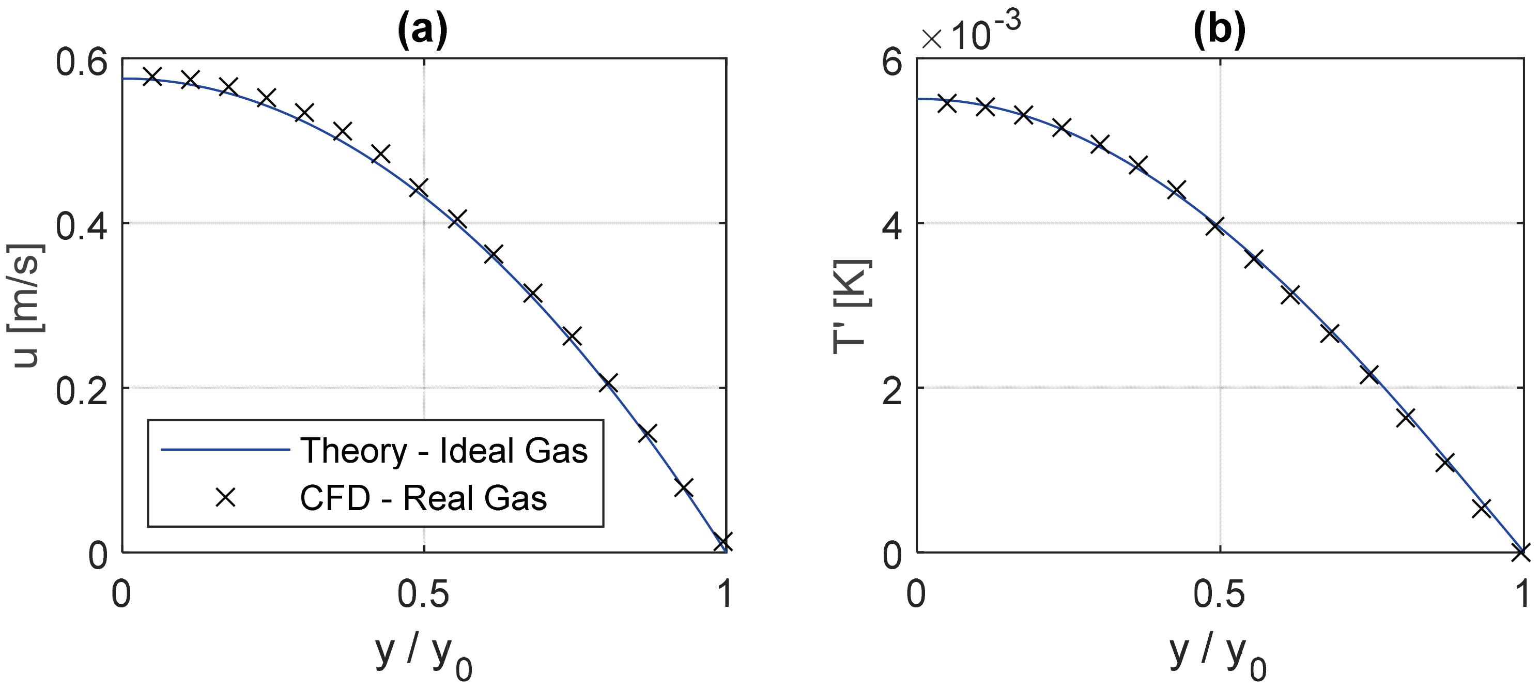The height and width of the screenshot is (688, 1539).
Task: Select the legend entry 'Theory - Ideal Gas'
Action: [x=444, y=451]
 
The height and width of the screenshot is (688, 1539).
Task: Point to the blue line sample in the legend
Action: [x=225, y=451]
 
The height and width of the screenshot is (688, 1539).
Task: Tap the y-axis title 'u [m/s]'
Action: [x=27, y=305]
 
